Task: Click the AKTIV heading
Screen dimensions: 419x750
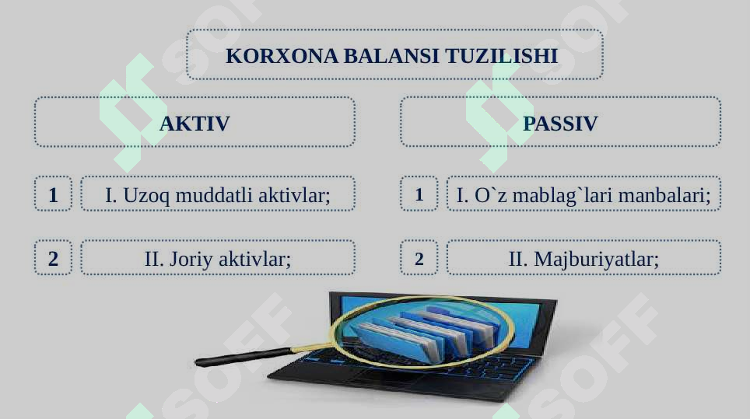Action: (x=194, y=124)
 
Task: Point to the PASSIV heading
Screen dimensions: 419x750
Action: (x=560, y=124)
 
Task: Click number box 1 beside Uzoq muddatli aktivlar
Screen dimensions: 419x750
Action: (x=53, y=194)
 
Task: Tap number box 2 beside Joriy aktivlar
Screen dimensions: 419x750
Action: (x=53, y=258)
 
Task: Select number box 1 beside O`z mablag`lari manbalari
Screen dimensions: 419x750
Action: (x=419, y=194)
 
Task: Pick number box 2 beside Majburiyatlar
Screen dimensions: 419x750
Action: (x=419, y=258)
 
